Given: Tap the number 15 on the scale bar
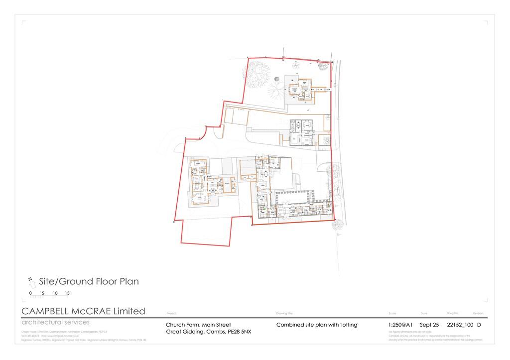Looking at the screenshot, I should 67,293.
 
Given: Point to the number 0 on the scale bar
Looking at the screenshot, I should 31,293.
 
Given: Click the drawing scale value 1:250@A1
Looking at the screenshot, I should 400,325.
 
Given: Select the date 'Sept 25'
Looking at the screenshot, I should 429,325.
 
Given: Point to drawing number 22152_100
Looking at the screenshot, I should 460,325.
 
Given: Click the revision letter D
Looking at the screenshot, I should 479,325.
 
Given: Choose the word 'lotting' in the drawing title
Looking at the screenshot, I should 347,325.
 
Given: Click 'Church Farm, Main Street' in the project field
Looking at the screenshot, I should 198,325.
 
